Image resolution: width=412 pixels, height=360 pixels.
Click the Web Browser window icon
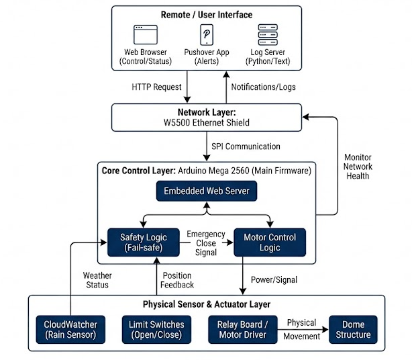click(145, 35)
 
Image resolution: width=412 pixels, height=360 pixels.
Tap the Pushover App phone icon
click(206, 34)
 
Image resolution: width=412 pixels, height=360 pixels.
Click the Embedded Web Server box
click(206, 191)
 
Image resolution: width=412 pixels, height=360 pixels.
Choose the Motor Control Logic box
click(269, 243)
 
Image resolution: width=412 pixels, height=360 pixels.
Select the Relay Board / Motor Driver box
click(242, 329)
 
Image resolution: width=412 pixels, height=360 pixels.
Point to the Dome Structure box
click(353, 329)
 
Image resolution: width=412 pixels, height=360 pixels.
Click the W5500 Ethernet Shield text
click(206, 123)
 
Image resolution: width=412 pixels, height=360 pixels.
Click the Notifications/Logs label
click(263, 87)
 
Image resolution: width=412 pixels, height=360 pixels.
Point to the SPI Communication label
click(245, 146)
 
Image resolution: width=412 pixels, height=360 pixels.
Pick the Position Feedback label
click(177, 280)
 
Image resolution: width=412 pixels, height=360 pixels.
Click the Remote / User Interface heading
click(207, 15)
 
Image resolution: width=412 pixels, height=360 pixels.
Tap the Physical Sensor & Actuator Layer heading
click(206, 304)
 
